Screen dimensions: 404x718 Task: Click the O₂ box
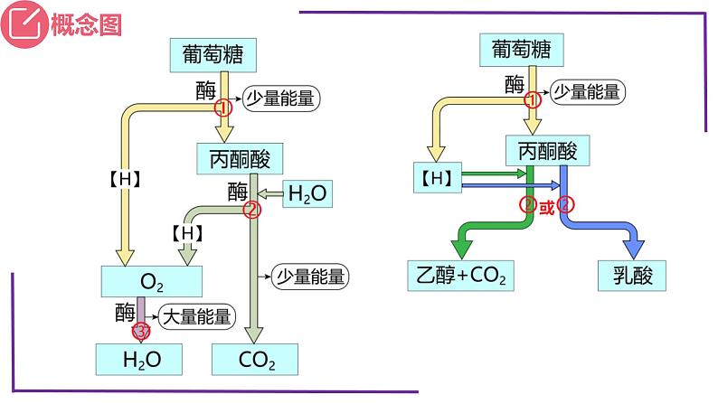tap(153, 282)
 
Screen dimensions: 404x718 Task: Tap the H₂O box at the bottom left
tap(141, 359)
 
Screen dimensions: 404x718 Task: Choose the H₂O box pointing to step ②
tap(307, 193)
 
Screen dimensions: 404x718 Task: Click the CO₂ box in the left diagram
tap(257, 359)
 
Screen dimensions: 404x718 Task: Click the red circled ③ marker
tap(142, 333)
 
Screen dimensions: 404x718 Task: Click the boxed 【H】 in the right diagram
tap(436, 178)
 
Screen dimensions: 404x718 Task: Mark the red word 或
tap(546, 206)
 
